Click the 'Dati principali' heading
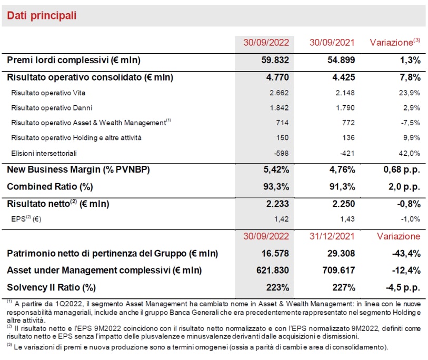point(42,16)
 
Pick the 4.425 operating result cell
point(342,77)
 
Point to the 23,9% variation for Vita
point(409,93)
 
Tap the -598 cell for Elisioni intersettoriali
point(280,153)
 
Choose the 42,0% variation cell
point(409,153)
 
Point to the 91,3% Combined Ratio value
point(343,187)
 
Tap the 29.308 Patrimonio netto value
point(341,254)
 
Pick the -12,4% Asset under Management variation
point(406,271)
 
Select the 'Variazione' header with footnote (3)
point(393,43)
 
